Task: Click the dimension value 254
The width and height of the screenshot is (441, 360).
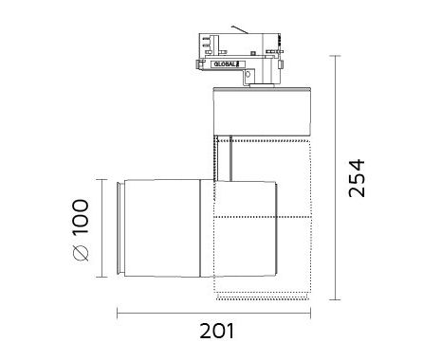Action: (357, 178)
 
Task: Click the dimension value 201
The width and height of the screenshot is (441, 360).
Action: (217, 331)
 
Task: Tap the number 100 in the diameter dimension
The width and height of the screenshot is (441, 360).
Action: (81, 217)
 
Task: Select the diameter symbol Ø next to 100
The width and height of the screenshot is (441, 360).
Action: (81, 253)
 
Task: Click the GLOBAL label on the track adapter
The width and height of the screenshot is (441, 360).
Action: (225, 64)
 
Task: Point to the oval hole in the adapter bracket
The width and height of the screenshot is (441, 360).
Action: (248, 75)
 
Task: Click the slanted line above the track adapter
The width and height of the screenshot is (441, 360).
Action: (240, 29)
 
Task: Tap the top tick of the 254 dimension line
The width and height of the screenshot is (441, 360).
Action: (335, 56)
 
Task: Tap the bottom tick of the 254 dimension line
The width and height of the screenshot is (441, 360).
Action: (335, 299)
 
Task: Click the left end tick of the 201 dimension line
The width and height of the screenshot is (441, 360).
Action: (118, 314)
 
